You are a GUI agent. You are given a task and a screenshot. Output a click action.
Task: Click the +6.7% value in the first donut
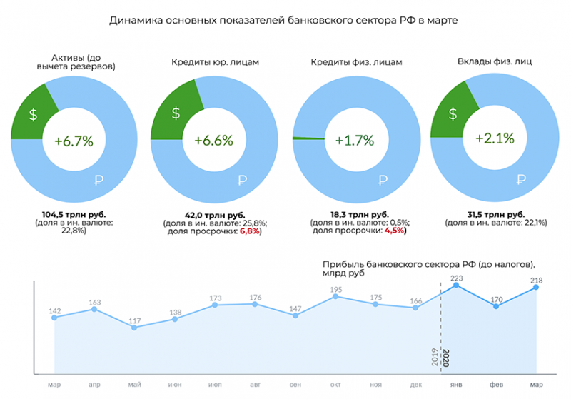[74, 141]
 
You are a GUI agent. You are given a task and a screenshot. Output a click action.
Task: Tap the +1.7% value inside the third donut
[355, 141]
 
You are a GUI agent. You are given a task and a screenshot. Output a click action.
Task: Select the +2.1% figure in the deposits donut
[495, 138]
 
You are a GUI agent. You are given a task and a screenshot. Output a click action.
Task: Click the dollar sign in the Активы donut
[34, 115]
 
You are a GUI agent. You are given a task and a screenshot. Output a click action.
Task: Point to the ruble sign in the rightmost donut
[521, 179]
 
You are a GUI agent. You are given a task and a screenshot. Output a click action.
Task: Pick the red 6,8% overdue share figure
[250, 231]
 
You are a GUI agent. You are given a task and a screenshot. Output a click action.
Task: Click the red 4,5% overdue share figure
[394, 231]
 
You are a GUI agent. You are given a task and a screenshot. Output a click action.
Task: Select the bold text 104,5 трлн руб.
[74, 214]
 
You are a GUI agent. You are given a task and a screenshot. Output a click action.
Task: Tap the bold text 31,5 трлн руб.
[495, 214]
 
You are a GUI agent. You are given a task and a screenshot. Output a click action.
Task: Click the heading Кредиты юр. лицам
[214, 62]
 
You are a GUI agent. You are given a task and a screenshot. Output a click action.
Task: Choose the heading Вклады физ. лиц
[494, 61]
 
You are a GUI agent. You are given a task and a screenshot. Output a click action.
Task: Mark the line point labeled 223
[455, 286]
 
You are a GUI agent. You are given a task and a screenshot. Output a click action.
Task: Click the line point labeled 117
[135, 328]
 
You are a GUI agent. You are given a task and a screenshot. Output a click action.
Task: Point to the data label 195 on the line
[335, 289]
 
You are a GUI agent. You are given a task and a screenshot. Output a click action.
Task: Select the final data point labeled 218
[536, 287]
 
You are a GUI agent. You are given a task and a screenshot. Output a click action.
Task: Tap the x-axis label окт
[335, 385]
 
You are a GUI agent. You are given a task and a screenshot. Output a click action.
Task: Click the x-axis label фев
[495, 385]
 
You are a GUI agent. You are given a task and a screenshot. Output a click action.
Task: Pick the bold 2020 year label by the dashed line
[447, 357]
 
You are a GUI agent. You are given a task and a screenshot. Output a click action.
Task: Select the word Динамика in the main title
[137, 21]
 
